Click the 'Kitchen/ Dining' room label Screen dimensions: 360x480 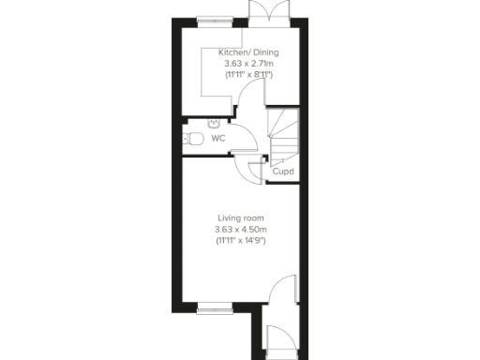click(x=247, y=53)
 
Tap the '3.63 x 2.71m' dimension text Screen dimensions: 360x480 click(x=247, y=64)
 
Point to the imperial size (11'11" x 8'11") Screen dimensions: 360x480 click(x=247, y=74)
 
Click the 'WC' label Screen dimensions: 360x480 click(x=217, y=138)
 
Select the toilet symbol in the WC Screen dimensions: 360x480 click(x=194, y=139)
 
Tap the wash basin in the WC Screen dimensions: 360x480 click(x=215, y=121)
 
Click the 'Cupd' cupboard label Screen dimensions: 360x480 click(x=282, y=172)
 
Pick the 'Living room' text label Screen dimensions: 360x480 click(x=241, y=218)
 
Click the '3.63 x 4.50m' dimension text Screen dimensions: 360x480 click(x=241, y=230)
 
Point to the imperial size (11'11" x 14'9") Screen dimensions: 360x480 click(x=241, y=241)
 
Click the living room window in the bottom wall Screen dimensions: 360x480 click(x=214, y=306)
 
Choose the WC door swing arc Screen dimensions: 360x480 click(x=241, y=136)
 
